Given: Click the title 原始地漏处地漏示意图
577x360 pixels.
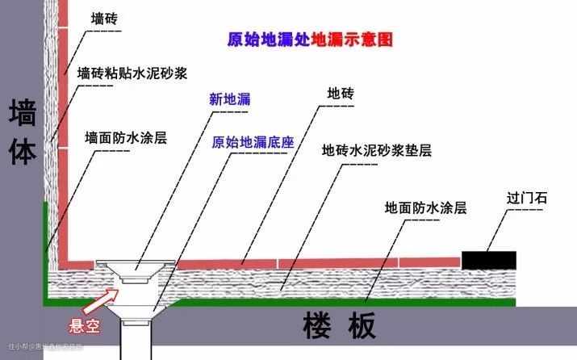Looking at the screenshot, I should [311, 38].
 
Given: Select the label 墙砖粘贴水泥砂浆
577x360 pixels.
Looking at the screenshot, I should [132, 73].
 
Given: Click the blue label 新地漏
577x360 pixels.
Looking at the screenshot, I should [229, 100].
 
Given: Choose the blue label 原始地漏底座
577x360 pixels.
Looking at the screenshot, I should [253, 142].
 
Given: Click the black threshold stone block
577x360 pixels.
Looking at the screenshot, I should [489, 259].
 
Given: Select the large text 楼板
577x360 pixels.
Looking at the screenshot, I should [340, 327].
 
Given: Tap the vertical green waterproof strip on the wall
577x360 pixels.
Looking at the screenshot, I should [45, 242].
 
